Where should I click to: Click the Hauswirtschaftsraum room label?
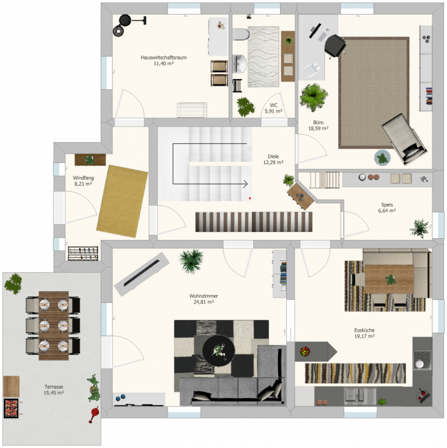point(163,57)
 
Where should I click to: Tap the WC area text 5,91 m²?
point(274,111)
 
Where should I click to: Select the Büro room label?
point(318,122)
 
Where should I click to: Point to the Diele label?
point(273,156)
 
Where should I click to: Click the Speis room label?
point(387,204)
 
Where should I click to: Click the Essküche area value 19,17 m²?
point(364,336)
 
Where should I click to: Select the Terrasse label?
point(54,386)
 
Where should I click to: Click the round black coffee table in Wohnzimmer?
point(218,350)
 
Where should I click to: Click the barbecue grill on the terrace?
point(11,407)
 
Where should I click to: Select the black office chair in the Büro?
point(335,45)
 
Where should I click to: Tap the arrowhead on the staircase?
point(246,185)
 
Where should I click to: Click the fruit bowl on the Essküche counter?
point(304,351)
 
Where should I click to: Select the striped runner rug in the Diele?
point(253,221)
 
